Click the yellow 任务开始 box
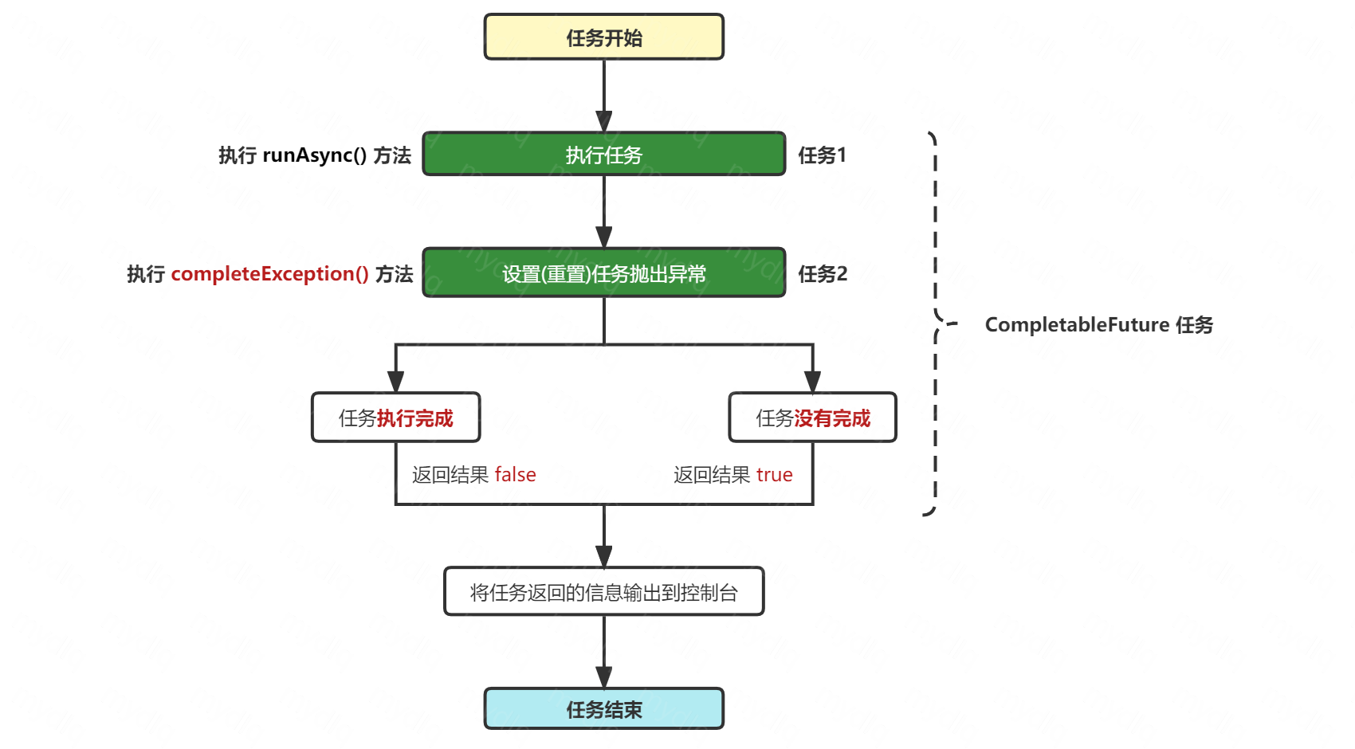[603, 37]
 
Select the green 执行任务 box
[603, 155]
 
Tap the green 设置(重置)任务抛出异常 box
[603, 273]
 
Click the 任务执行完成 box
[395, 418]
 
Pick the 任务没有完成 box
[812, 418]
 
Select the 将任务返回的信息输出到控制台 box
[603, 592]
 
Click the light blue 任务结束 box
[603, 709]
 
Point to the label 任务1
[822, 155]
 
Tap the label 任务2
[823, 274]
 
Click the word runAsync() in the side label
[314, 155]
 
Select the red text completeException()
[269, 274]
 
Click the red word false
[515, 475]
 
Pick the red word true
[774, 475]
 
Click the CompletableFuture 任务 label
[1098, 325]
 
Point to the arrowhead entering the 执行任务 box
[603, 123]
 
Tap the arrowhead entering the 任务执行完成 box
[395, 382]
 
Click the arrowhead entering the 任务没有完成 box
[812, 382]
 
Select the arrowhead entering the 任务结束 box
[603, 678]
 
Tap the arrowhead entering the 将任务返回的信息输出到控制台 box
[603, 557]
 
